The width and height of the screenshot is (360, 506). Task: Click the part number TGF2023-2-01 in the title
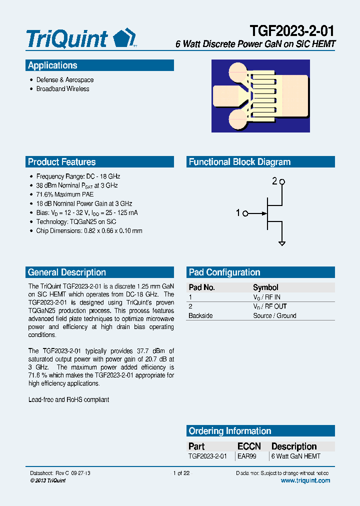[x=291, y=31]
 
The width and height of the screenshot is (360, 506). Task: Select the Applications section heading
[x=52, y=65]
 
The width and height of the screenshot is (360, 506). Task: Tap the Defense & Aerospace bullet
[x=64, y=80]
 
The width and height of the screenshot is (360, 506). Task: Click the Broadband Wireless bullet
[x=62, y=89]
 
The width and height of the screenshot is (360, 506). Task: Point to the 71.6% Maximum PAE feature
[x=64, y=194]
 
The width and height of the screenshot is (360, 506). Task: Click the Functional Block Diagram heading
[x=239, y=162]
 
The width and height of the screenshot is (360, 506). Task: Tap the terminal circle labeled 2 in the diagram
[x=282, y=182]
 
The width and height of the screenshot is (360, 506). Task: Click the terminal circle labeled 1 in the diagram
[x=245, y=213]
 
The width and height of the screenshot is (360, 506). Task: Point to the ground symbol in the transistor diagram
[x=282, y=243]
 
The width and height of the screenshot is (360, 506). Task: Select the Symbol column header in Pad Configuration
[x=265, y=287]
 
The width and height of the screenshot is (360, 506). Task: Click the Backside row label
[x=200, y=316]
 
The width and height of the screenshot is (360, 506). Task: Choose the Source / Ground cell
[x=274, y=316]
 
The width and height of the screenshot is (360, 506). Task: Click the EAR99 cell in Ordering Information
[x=246, y=456]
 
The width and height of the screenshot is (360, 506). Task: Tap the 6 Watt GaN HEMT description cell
[x=295, y=456]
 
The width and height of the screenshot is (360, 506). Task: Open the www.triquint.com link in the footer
[x=305, y=480]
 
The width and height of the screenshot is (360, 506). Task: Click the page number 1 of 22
[x=180, y=473]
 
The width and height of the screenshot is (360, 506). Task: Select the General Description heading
[x=66, y=272]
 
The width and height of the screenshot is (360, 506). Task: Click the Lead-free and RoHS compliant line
[x=68, y=400]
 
